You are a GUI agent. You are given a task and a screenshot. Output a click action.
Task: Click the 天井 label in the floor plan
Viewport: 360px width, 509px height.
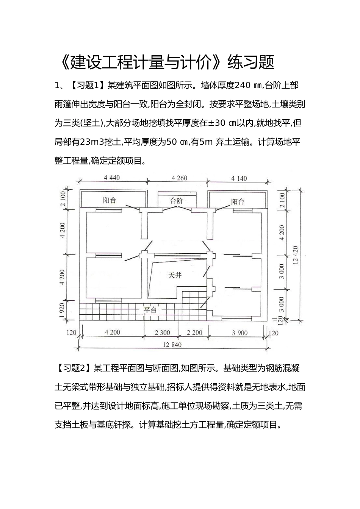[175, 275]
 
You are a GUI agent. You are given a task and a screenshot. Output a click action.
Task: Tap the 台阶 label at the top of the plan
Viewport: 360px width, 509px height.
[176, 201]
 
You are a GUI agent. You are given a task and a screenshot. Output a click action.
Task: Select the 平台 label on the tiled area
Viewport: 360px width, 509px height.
[150, 310]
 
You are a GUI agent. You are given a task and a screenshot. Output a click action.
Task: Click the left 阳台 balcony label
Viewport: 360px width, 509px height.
[110, 201]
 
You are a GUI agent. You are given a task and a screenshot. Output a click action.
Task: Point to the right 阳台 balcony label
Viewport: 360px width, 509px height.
[238, 201]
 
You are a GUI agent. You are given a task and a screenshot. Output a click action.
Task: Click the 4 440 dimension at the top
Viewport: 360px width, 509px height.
[112, 178]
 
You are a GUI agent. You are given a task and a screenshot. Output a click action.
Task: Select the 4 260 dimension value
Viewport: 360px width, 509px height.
[179, 178]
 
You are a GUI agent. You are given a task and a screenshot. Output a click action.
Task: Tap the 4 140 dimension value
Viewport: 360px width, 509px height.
[239, 178]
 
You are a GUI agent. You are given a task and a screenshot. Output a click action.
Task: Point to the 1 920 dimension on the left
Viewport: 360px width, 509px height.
[63, 310]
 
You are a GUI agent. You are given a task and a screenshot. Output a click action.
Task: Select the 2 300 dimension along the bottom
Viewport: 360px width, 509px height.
[163, 333]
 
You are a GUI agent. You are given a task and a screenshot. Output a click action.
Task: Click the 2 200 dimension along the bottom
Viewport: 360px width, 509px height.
[195, 333]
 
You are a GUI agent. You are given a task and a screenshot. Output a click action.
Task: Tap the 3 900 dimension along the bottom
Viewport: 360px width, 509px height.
[239, 333]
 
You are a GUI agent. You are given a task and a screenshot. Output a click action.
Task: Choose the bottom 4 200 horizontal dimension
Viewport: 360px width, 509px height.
[113, 332]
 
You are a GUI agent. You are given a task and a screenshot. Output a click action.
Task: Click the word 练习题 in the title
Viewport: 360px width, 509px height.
[250, 62]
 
